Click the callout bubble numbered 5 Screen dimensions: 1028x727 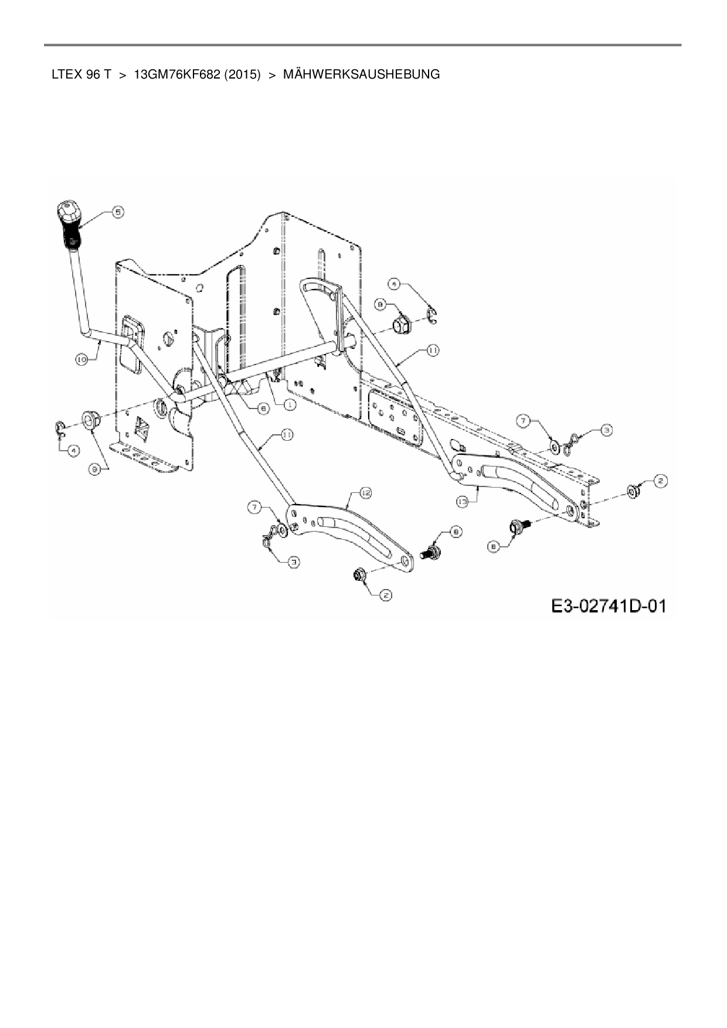118,212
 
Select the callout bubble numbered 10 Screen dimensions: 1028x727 81,359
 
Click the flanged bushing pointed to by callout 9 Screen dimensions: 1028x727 90,420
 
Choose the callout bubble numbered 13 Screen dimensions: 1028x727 463,502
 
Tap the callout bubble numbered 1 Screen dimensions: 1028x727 289,404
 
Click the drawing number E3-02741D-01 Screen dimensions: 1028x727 609,605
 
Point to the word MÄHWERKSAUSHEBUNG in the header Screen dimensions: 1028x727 361,74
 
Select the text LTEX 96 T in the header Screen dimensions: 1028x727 81,74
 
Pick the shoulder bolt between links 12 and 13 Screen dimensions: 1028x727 432,551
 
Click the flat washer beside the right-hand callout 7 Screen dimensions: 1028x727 554,448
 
